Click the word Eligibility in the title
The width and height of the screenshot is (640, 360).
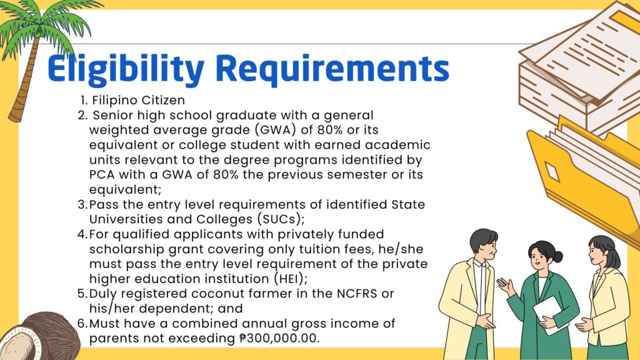click(126, 69)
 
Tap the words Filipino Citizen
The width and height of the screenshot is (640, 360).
click(138, 101)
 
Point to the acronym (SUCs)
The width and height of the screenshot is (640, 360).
click(281, 219)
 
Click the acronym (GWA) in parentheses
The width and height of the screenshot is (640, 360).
click(276, 130)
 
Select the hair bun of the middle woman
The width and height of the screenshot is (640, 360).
click(557, 256)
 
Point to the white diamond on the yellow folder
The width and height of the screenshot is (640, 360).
click(552, 171)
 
